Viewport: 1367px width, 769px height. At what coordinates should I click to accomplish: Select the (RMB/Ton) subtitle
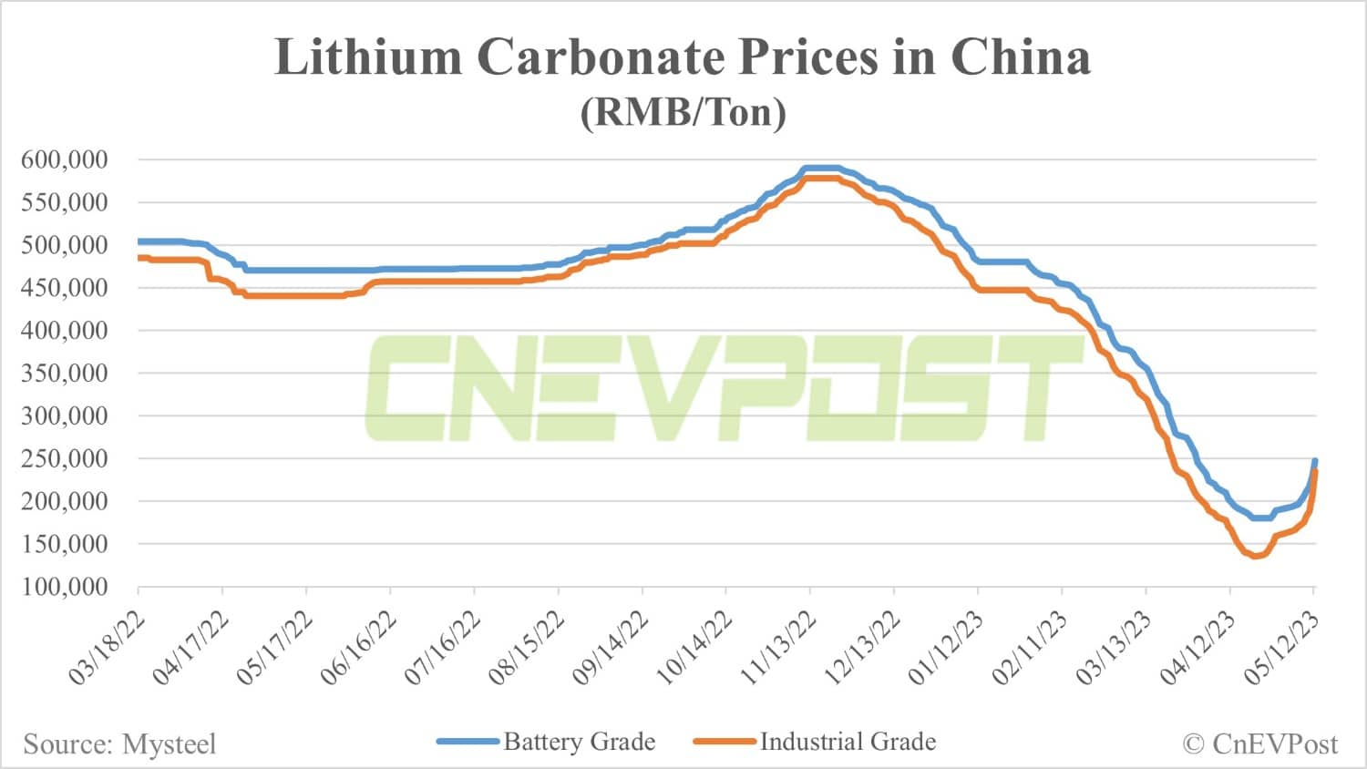683,112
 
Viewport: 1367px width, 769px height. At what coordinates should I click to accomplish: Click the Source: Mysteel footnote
119,744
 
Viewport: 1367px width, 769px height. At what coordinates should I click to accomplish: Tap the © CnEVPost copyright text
1259,744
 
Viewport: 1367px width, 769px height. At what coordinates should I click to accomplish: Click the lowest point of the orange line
1255,556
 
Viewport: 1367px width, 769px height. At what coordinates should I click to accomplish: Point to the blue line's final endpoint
1314,461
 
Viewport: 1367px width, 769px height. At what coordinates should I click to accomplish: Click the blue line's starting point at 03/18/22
139,241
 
